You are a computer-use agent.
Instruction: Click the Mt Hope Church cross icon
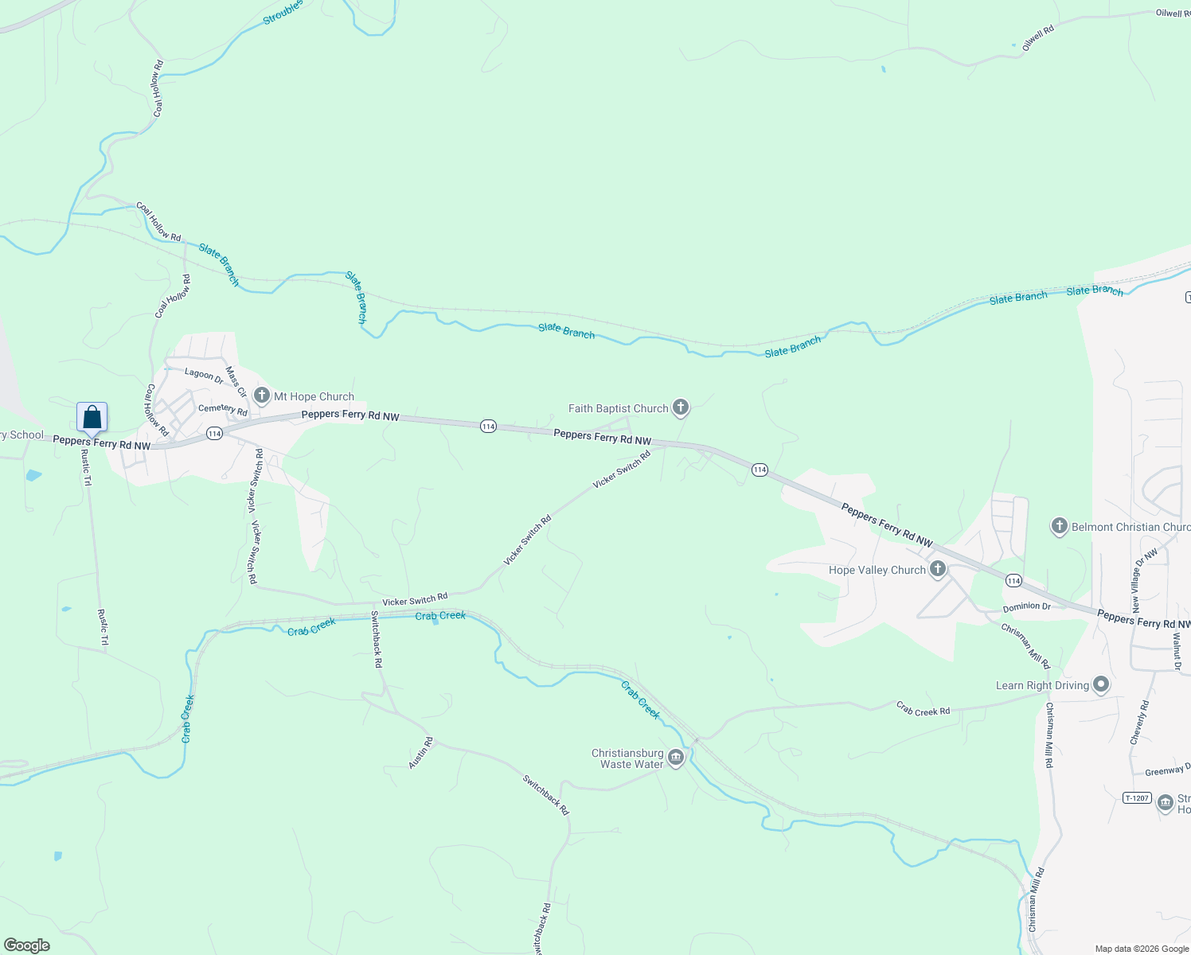click(262, 396)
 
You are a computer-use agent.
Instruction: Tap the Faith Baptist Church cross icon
click(680, 408)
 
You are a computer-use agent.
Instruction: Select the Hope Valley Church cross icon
click(938, 569)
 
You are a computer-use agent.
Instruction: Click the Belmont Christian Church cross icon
click(1059, 526)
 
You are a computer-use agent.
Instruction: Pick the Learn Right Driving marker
click(1101, 684)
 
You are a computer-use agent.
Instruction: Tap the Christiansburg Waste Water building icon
click(676, 758)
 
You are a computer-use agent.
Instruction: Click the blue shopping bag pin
click(92, 417)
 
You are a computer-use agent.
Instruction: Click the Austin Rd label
click(420, 753)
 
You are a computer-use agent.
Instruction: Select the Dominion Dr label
click(1026, 606)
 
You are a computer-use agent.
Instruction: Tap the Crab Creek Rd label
click(923, 708)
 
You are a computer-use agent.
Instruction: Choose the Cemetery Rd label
click(223, 410)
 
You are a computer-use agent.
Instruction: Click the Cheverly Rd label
click(1140, 723)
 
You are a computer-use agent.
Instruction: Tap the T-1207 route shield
click(1137, 797)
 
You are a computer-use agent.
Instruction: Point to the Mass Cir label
click(236, 381)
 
